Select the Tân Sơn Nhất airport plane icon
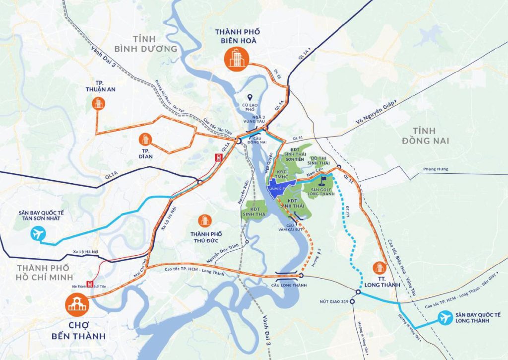click(x=37, y=233)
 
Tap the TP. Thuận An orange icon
click(x=98, y=103)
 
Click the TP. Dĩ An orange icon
click(x=145, y=140)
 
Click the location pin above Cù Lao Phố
click(x=252, y=97)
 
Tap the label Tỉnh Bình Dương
click(x=145, y=44)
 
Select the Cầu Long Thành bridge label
click(x=289, y=285)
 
